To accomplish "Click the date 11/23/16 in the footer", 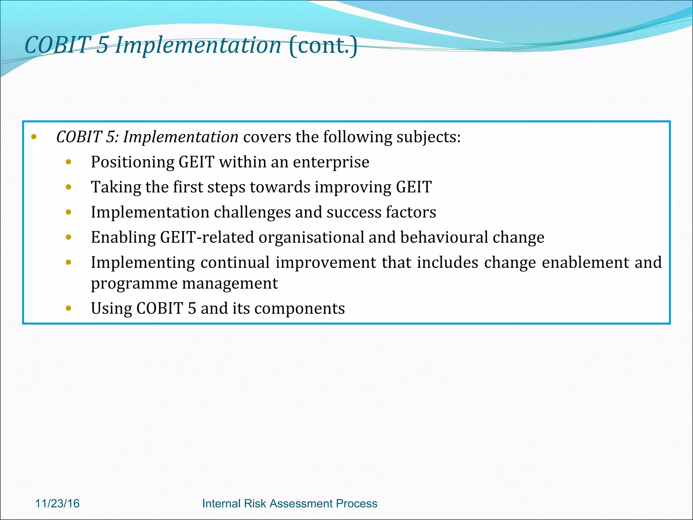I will coord(57,503).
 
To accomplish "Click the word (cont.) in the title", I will coord(323,45).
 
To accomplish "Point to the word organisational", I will coord(311,237).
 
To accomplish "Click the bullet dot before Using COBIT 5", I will coord(69,308).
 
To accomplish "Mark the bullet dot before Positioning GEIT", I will coord(69,162).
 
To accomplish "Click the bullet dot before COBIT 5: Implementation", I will coord(33,137).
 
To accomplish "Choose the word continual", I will coord(235,262).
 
